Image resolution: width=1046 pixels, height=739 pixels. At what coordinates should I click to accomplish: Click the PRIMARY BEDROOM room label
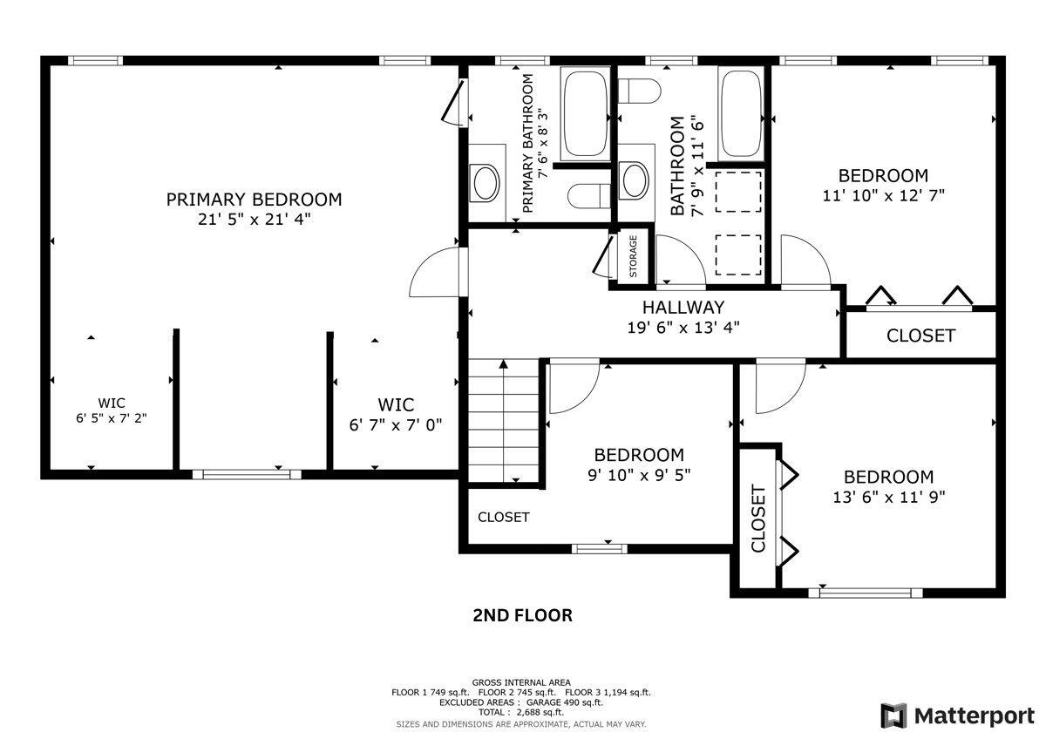[254, 200]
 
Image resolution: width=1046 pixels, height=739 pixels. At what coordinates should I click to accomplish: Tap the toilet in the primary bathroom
[589, 196]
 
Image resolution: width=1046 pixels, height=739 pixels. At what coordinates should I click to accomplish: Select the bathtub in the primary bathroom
[586, 113]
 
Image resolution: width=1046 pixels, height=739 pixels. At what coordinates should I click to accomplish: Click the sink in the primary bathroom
[486, 183]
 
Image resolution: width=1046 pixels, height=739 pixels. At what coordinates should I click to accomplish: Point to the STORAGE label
[633, 256]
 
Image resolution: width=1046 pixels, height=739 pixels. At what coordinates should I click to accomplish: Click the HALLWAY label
[683, 308]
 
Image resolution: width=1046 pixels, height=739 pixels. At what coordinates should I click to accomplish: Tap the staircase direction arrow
[503, 420]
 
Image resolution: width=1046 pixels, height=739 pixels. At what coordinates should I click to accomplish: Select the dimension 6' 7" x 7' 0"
[396, 425]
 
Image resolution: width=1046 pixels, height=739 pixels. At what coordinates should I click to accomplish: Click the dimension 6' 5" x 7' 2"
[112, 418]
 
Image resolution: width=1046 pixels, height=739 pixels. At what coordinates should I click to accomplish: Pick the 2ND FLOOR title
[522, 615]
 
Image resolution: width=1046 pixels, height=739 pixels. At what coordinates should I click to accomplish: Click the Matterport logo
[958, 715]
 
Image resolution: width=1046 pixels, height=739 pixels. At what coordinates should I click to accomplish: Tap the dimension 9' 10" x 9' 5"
[639, 475]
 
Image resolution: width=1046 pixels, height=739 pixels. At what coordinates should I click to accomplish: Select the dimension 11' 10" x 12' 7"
[883, 195]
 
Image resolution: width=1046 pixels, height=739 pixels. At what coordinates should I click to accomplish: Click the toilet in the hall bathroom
[639, 91]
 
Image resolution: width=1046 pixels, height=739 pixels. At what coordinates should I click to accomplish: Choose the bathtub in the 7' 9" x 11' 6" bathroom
[741, 113]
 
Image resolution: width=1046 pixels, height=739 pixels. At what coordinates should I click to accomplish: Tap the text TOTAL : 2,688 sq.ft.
[521, 712]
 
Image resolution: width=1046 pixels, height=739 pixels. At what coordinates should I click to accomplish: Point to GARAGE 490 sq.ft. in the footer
[564, 702]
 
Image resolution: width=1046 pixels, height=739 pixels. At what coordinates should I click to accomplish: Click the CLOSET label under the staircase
[504, 517]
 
